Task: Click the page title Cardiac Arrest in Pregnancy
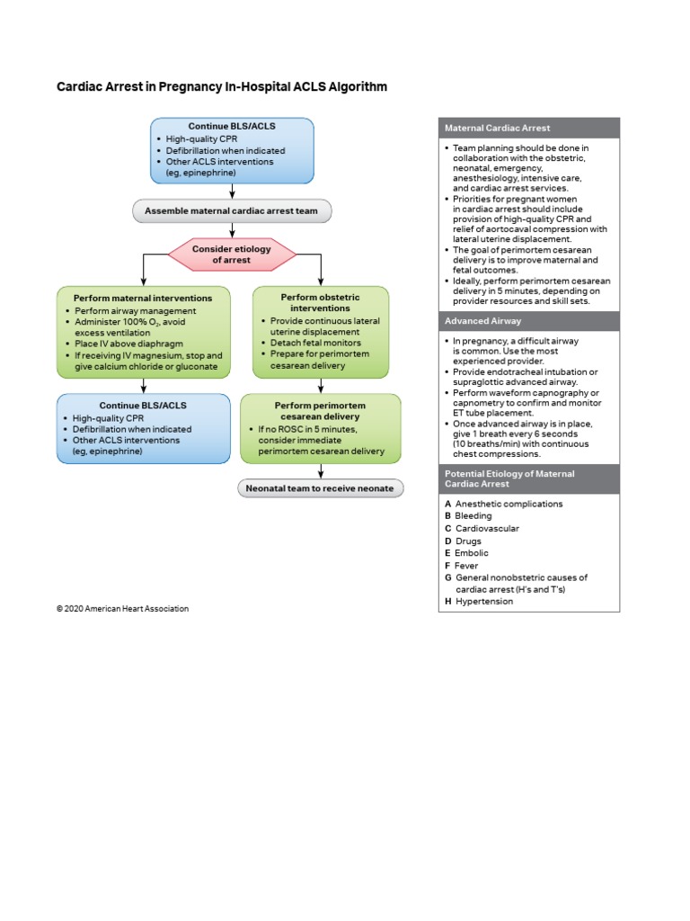[x=222, y=87]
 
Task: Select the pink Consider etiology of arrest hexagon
[x=233, y=254]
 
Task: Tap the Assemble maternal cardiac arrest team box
[x=232, y=212]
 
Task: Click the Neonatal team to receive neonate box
[x=321, y=488]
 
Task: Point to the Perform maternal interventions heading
[x=143, y=297]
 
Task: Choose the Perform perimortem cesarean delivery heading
[x=321, y=411]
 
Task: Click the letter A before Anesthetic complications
[x=447, y=504]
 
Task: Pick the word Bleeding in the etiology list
[x=473, y=516]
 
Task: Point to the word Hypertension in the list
[x=484, y=601]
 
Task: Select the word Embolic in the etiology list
[x=473, y=553]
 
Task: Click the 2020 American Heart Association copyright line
[x=122, y=609]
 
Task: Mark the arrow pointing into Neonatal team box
[x=321, y=471]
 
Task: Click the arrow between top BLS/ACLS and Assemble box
[x=233, y=192]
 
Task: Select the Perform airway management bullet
[x=134, y=310]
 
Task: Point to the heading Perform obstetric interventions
[x=320, y=302]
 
